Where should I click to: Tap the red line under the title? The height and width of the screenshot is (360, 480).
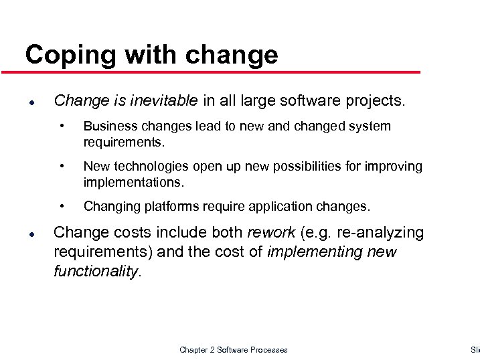point(221,72)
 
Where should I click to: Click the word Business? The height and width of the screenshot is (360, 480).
point(108,126)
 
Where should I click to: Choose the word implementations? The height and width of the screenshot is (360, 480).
point(133,182)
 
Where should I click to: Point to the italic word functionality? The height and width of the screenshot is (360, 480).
point(95,272)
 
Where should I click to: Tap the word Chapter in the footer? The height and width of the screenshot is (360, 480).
point(194,350)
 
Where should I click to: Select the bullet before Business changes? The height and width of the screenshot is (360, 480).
point(62,126)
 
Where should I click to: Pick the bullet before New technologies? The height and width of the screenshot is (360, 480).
point(62,166)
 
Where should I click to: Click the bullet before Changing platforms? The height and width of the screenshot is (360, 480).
point(62,206)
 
